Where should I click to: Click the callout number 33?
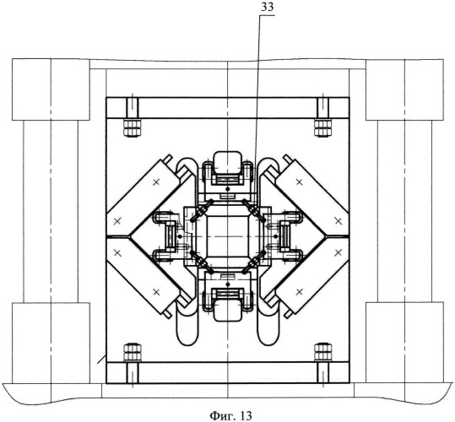click(268, 8)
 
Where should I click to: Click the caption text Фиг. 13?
click(231, 415)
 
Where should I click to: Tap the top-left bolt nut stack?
click(132, 127)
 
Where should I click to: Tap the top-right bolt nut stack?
click(323, 127)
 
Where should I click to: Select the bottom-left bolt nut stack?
click(132, 353)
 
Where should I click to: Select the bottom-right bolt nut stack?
click(323, 353)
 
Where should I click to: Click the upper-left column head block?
click(51, 89)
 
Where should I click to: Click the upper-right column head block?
click(404, 89)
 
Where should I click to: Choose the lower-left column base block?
click(51, 343)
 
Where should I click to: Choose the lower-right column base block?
click(404, 343)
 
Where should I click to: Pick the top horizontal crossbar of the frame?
click(228, 108)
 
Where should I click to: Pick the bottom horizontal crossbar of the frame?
click(228, 372)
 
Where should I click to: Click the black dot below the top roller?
click(228, 189)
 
